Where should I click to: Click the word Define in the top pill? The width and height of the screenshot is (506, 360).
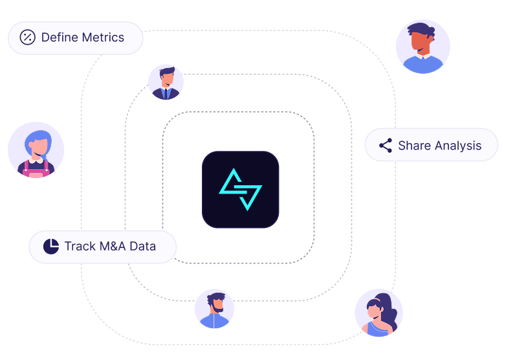pyautogui.click(x=57, y=38)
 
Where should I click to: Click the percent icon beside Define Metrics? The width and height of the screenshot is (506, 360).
pyautogui.click(x=27, y=38)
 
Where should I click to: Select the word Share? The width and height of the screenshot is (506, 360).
pyautogui.click(x=414, y=146)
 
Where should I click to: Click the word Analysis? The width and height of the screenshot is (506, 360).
pyautogui.click(x=457, y=146)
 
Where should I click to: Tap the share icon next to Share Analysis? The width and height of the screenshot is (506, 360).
pyautogui.click(x=386, y=145)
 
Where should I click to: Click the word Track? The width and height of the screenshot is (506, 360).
pyautogui.click(x=80, y=247)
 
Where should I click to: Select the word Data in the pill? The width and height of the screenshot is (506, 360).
pyautogui.click(x=143, y=247)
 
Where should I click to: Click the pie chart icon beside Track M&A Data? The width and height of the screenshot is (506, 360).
pyautogui.click(x=50, y=247)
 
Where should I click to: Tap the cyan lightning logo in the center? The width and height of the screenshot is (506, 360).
pyautogui.click(x=240, y=189)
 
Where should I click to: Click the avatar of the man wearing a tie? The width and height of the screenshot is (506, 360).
pyautogui.click(x=166, y=82)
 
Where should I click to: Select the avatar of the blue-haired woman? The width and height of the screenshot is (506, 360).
pyautogui.click(x=36, y=150)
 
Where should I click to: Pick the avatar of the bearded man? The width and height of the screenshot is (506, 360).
pyautogui.click(x=214, y=309)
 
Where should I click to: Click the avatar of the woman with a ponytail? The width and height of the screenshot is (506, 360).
pyautogui.click(x=379, y=313)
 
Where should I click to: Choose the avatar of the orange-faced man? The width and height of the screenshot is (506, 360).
pyautogui.click(x=423, y=47)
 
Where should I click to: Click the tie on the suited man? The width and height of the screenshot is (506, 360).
pyautogui.click(x=166, y=95)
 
